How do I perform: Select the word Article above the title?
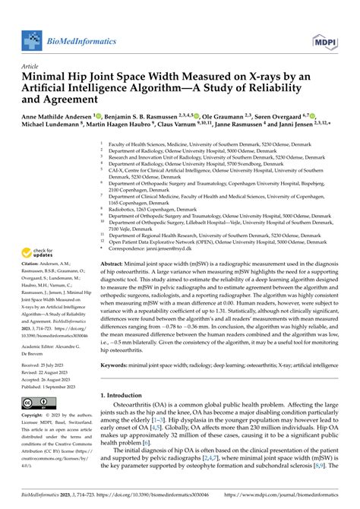coord(32,66)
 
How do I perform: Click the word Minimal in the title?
coord(47,76)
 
